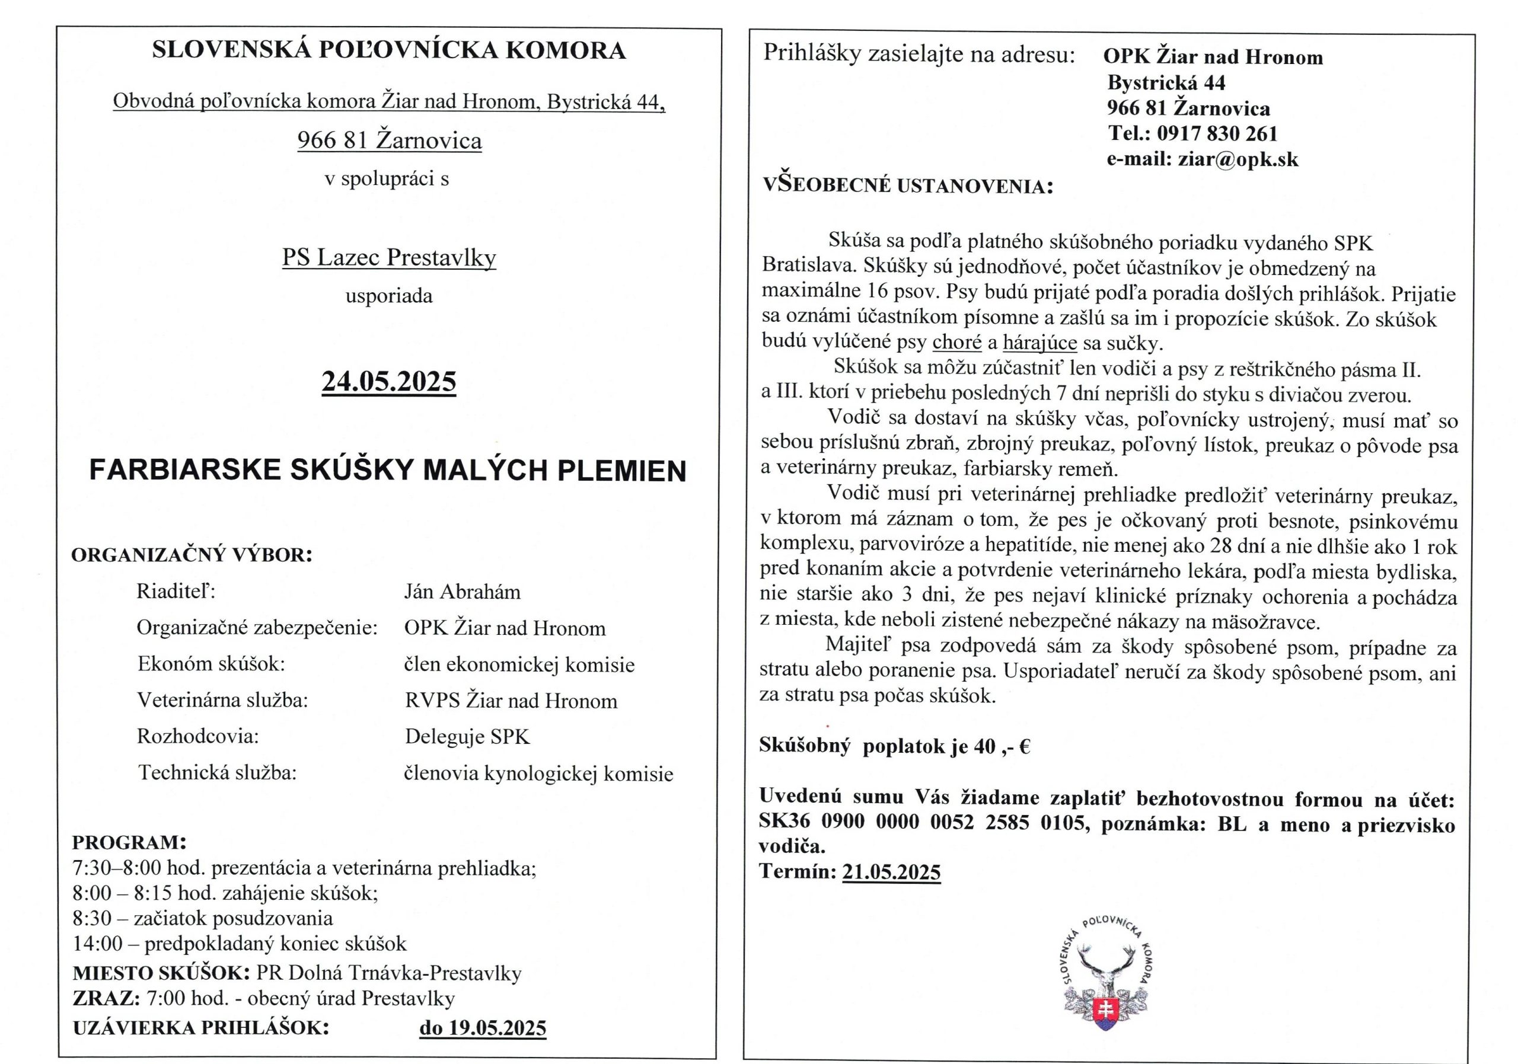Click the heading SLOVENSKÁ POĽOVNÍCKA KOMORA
coord(389,51)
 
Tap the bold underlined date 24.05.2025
coord(389,381)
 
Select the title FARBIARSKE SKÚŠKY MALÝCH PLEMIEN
coord(387,471)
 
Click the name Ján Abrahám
coord(462,592)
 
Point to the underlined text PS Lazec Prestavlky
coord(389,257)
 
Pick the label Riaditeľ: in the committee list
coord(176,591)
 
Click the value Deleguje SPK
coord(467,736)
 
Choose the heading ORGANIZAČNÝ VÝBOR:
coord(192,554)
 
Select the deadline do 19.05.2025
coord(483,1028)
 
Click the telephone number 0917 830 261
coord(1217,133)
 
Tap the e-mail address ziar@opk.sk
coord(1238,159)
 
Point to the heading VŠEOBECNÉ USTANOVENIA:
coord(908,186)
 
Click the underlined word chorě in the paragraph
coord(956,343)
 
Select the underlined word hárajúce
coord(1039,343)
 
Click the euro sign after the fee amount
coord(1025,746)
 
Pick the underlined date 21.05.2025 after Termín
coord(891,872)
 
